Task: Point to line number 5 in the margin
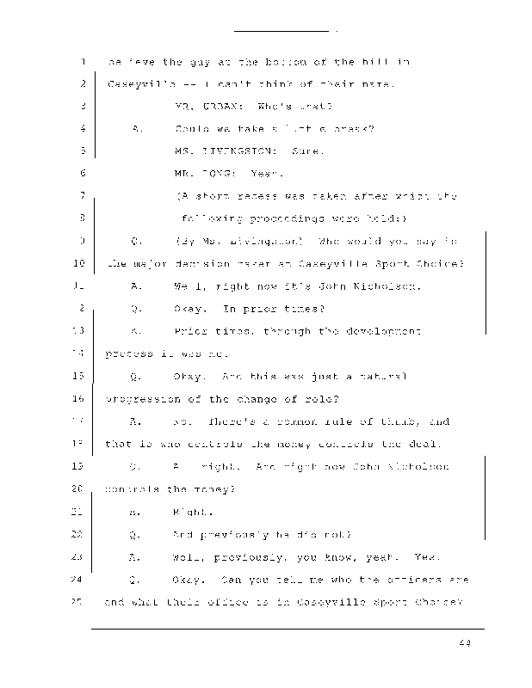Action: (80, 151)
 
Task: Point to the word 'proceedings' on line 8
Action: (272, 218)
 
